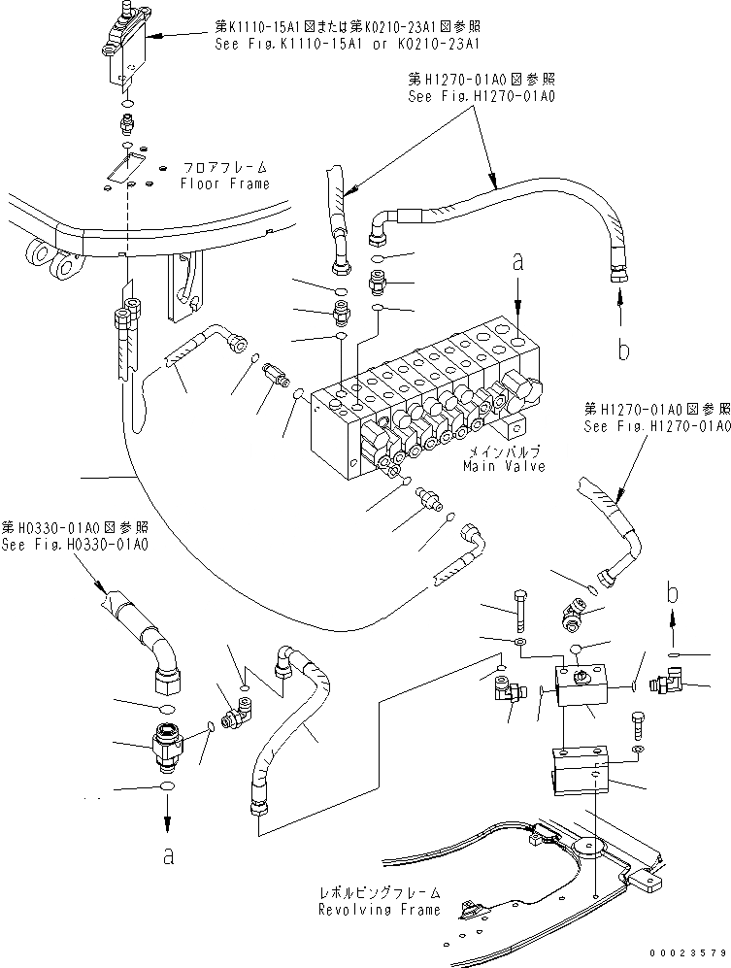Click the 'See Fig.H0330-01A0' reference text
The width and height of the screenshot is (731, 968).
[76, 544]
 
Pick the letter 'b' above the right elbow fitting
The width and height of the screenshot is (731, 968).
[673, 589]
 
